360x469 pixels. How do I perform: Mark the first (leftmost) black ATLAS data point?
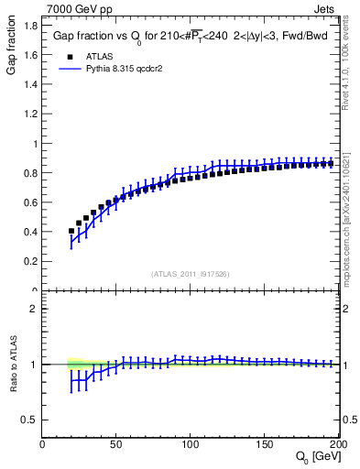(x=71, y=231)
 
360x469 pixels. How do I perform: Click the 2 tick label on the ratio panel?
(x=34, y=310)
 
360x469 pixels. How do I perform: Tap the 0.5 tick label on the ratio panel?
(x=30, y=420)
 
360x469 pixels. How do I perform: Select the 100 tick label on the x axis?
(x=190, y=444)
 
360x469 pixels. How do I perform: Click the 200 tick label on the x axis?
(x=335, y=444)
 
